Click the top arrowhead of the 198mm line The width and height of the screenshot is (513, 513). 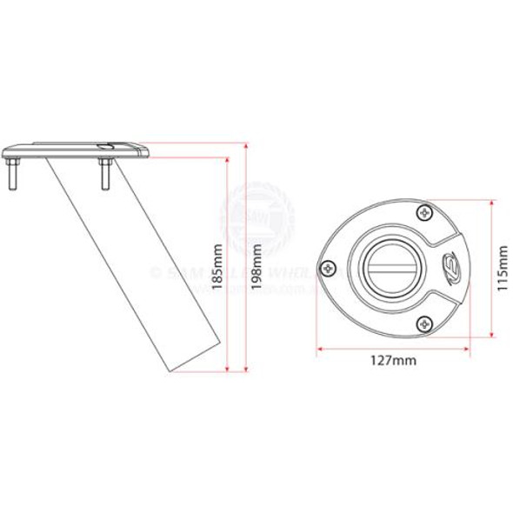coord(248,145)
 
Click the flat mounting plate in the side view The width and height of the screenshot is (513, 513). coord(78,149)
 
